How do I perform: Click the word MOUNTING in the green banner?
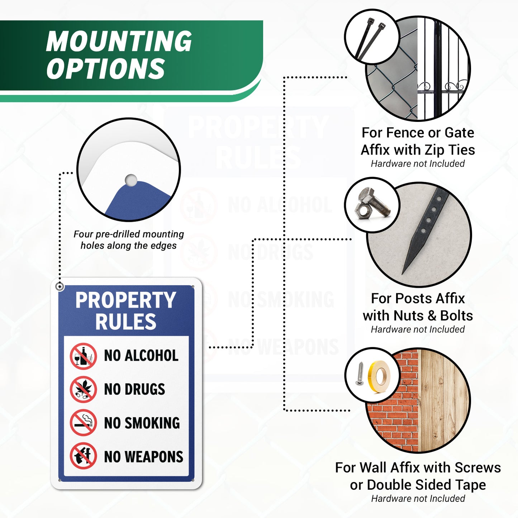click(119, 41)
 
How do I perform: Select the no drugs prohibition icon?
click(83, 389)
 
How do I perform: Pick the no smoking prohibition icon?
click(83, 423)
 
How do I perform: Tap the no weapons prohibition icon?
click(83, 456)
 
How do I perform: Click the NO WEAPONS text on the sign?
click(143, 456)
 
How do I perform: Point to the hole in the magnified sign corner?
click(131, 180)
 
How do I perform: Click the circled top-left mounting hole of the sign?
click(60, 286)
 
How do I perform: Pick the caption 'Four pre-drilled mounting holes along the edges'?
click(129, 240)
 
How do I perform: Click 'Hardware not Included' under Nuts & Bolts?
click(418, 329)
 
